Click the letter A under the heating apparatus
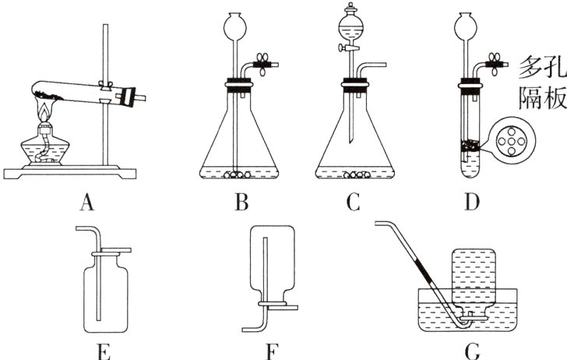pos(87,204)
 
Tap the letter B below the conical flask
pos(242,204)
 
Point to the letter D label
pos(470,204)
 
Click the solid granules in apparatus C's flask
pos(360,176)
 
